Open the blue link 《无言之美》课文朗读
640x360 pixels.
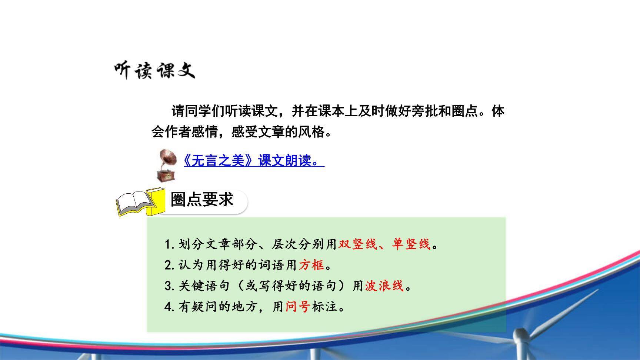point(254,161)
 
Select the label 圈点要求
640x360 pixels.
point(202,200)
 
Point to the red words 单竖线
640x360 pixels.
point(411,244)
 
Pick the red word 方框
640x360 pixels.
point(311,265)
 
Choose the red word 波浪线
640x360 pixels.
point(384,286)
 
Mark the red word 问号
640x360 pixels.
point(298,307)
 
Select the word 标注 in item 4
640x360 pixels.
point(324,307)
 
